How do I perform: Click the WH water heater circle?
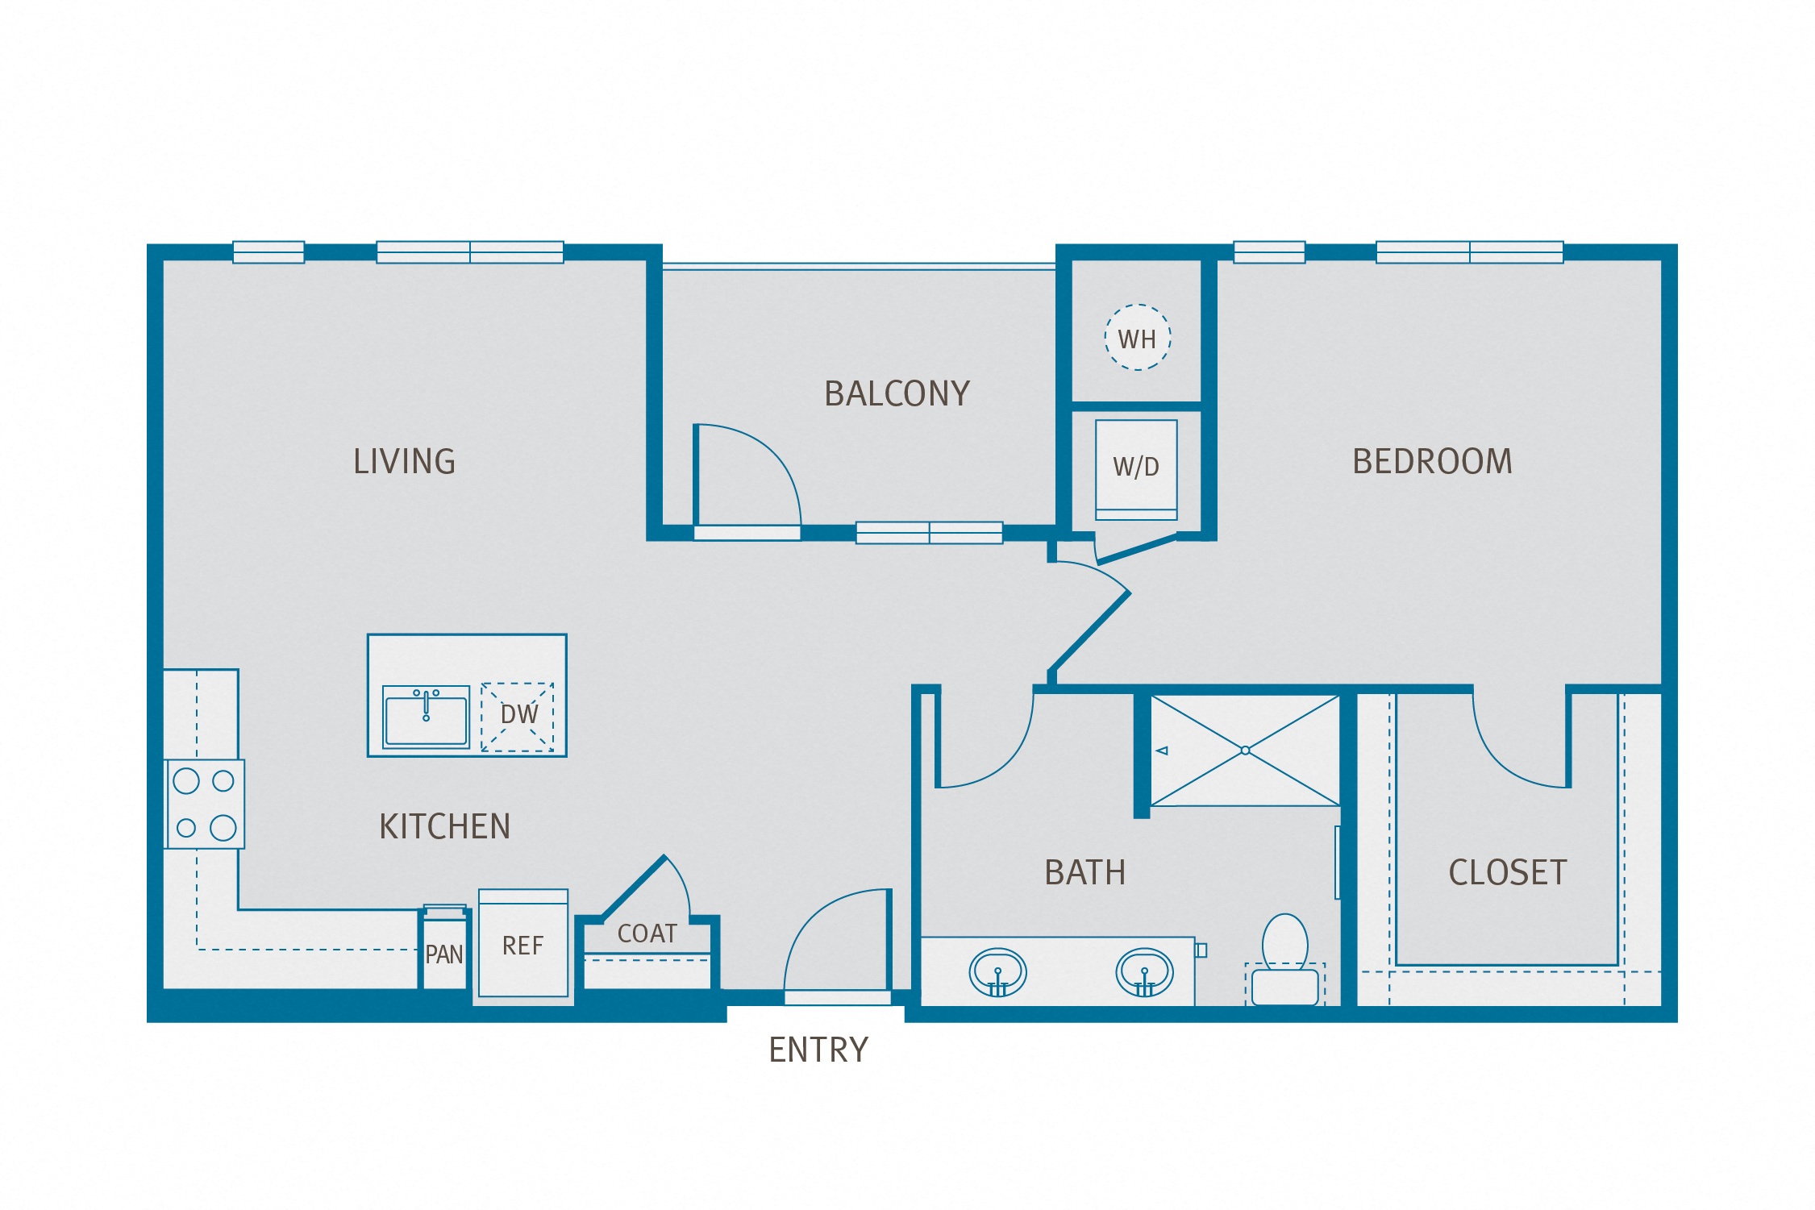tap(1137, 338)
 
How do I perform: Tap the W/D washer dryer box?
tap(1135, 467)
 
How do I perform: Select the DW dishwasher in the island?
tap(518, 716)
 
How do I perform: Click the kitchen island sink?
tap(426, 717)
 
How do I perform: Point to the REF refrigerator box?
tap(522, 945)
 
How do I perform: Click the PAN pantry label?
tap(443, 955)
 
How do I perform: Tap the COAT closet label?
tap(647, 933)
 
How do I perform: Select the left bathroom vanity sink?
tap(997, 973)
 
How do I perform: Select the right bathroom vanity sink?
tap(1143, 973)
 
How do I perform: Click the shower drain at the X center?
tap(1245, 751)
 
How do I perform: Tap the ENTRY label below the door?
tap(818, 1050)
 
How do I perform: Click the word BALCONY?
tap(897, 394)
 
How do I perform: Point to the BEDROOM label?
tap(1432, 462)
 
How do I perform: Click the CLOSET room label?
tap(1507, 873)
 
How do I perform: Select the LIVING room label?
tap(405, 462)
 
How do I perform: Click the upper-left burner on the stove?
tap(186, 780)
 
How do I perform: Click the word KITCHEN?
tap(445, 827)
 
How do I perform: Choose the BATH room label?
tap(1084, 873)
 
